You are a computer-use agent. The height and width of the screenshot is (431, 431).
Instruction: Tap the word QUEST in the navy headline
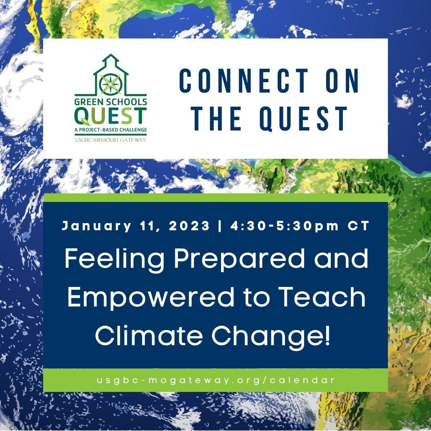point(303,119)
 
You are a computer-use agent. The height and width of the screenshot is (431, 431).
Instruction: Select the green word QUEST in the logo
point(111,116)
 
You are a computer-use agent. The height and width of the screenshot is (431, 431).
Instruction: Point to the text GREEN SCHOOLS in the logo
point(111,102)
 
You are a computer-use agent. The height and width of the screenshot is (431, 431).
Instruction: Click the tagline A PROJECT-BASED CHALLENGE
point(111,130)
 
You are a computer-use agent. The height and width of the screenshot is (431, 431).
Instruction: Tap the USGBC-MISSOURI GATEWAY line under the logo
point(111,140)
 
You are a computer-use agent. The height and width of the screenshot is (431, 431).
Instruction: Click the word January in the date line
point(97,226)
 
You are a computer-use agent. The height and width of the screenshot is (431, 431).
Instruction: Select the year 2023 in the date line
point(189,226)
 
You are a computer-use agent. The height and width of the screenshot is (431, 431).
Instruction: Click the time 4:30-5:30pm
point(285,226)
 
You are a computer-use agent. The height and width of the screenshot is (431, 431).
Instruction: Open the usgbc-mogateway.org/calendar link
point(215,380)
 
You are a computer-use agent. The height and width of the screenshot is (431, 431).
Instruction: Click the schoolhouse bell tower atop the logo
point(111,59)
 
